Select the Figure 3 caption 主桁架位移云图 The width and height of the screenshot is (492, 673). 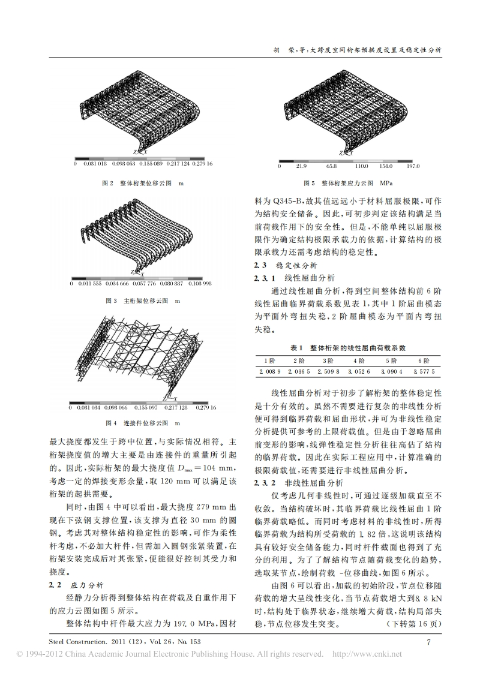point(143,300)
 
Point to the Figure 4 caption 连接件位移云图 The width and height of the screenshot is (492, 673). point(143,423)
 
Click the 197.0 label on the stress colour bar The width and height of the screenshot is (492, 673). point(413,166)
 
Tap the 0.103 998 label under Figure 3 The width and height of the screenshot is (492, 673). point(199,283)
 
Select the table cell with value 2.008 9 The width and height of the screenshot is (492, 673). point(269,372)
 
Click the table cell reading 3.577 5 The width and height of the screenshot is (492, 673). point(423,372)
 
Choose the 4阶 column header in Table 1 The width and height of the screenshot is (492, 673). point(359,361)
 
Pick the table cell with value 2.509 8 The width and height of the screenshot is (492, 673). point(331,372)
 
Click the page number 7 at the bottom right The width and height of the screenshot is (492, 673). point(428,642)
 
